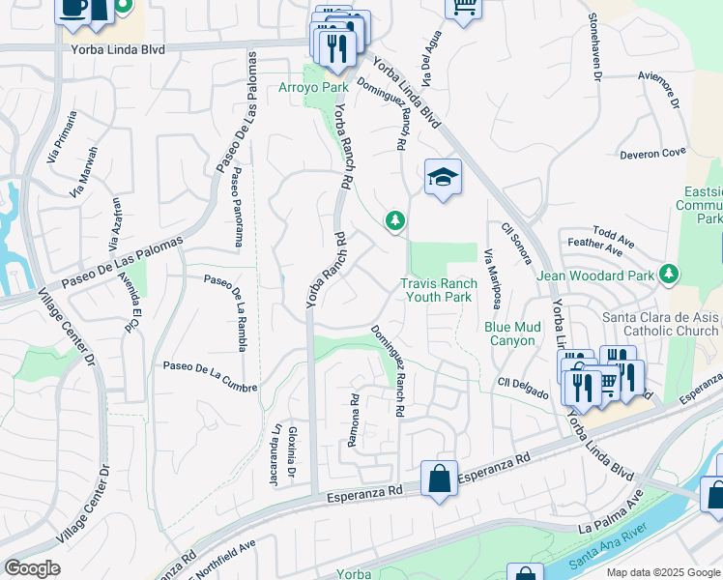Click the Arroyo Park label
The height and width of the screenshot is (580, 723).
click(313, 87)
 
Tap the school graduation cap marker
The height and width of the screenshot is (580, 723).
click(443, 178)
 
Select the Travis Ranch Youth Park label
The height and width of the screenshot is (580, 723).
click(439, 290)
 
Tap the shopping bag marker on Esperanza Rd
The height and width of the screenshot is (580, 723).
click(439, 478)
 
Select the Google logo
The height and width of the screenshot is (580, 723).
click(32, 568)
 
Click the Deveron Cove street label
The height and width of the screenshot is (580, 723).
click(652, 152)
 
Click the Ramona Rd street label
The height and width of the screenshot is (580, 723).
click(354, 420)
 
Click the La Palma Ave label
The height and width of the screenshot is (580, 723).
click(610, 514)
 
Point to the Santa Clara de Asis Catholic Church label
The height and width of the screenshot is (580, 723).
click(661, 324)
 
